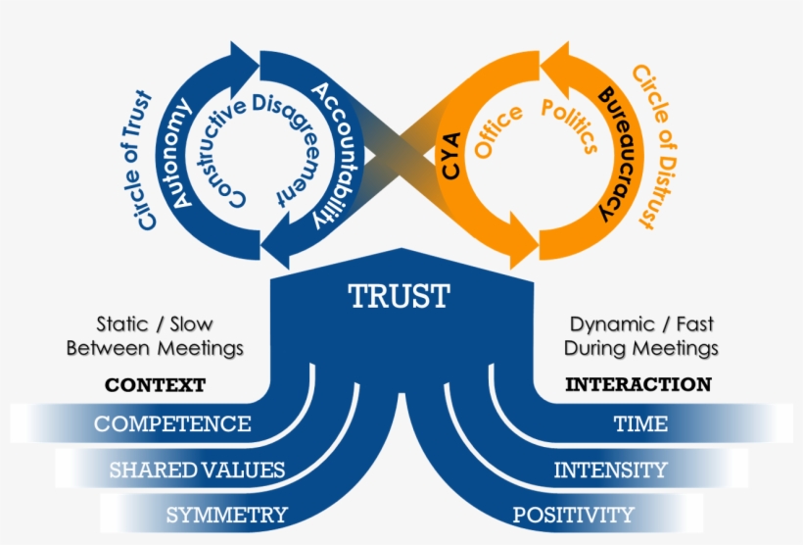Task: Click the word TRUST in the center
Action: pos(400,295)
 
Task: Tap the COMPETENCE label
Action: pos(172,424)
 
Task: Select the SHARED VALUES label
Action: pos(197,471)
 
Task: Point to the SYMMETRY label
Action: pos(226,515)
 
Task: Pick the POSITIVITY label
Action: pos(574,515)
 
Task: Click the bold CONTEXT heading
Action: pos(155,385)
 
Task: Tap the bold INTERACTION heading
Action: pos(638,385)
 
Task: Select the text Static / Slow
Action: pos(155,323)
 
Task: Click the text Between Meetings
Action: pos(155,348)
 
